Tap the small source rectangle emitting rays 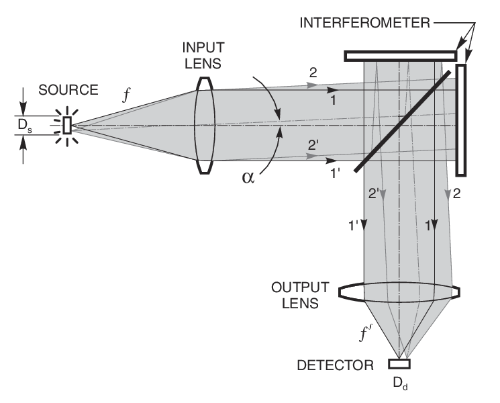(x=66, y=126)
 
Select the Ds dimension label (x=25, y=126)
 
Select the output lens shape (x=399, y=294)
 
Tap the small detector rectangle (x=399, y=364)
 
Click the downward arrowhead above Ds (x=23, y=109)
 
